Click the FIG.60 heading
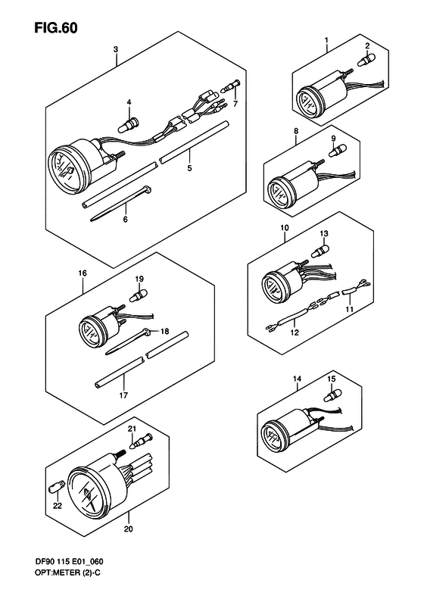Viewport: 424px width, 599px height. [x=56, y=27]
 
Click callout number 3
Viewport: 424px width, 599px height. [x=116, y=49]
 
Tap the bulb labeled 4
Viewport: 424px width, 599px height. [x=129, y=125]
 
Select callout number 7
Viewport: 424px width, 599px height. [x=235, y=104]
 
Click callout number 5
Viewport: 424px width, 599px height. [x=189, y=168]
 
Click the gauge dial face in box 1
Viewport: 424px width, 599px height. [x=308, y=101]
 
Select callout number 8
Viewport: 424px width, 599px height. [x=296, y=131]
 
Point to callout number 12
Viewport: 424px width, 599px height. [x=295, y=332]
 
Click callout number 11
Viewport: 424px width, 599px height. [x=349, y=309]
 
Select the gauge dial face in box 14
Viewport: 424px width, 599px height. [x=273, y=436]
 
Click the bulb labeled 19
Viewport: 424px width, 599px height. [x=139, y=295]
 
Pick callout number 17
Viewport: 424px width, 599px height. [x=123, y=395]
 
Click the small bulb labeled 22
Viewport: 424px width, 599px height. [x=55, y=488]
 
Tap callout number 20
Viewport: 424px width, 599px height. [x=129, y=529]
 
